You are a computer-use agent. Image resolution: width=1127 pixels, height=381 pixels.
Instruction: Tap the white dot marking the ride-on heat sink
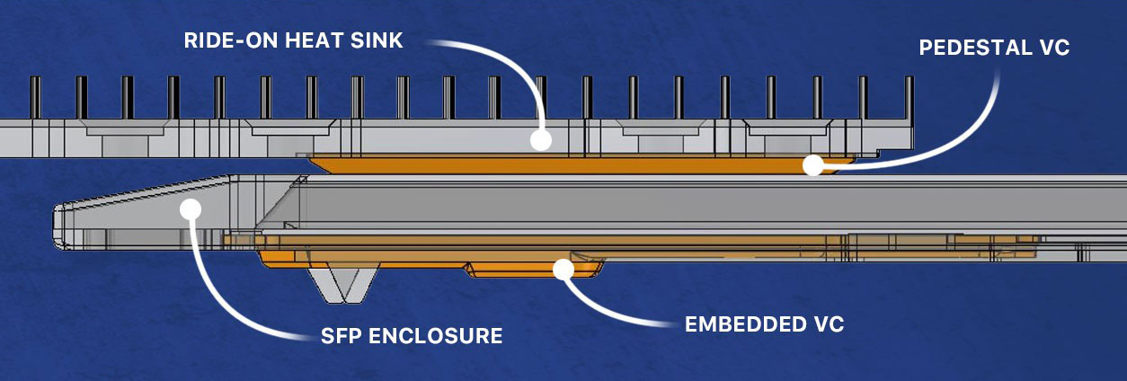point(540,140)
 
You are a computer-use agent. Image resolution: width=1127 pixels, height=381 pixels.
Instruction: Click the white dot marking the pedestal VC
point(813,164)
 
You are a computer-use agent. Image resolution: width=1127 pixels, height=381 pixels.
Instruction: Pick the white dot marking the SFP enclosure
point(189,208)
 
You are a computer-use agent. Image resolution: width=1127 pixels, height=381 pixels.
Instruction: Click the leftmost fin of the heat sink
point(35,97)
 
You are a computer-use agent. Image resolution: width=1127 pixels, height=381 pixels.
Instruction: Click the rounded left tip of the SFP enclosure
point(58,225)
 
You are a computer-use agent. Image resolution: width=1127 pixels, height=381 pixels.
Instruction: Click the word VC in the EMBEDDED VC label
point(830,324)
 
